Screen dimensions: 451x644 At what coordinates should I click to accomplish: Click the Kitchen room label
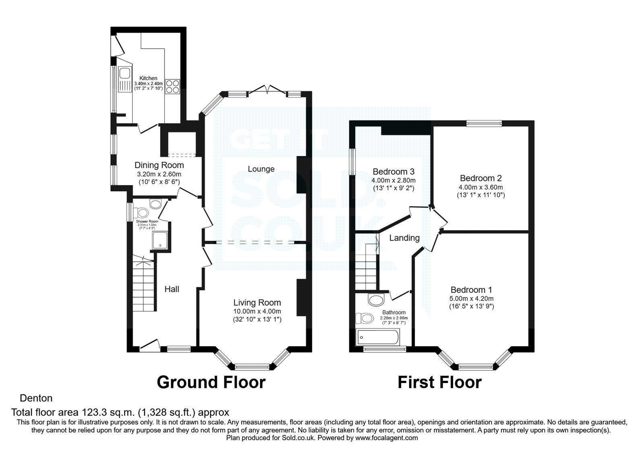pyautogui.click(x=148, y=78)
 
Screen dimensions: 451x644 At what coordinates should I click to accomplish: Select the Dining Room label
pyautogui.click(x=159, y=165)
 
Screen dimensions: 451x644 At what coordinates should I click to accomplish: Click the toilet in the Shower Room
pyautogui.click(x=142, y=212)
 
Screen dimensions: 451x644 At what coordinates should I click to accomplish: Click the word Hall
pyautogui.click(x=172, y=289)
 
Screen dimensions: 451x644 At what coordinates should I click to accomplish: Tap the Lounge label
pyautogui.click(x=261, y=169)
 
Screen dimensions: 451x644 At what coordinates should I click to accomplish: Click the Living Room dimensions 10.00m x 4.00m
pyautogui.click(x=257, y=311)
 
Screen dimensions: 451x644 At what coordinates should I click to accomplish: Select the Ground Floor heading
pyautogui.click(x=211, y=382)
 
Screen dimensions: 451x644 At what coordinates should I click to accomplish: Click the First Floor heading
pyautogui.click(x=440, y=382)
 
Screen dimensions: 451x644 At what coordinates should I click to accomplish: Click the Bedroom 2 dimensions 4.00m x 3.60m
pyautogui.click(x=481, y=187)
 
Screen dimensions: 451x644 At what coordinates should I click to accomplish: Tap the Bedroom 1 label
pyautogui.click(x=471, y=290)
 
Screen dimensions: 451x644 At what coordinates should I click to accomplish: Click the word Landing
pyautogui.click(x=404, y=238)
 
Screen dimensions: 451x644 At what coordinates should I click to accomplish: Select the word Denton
pyautogui.click(x=36, y=398)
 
